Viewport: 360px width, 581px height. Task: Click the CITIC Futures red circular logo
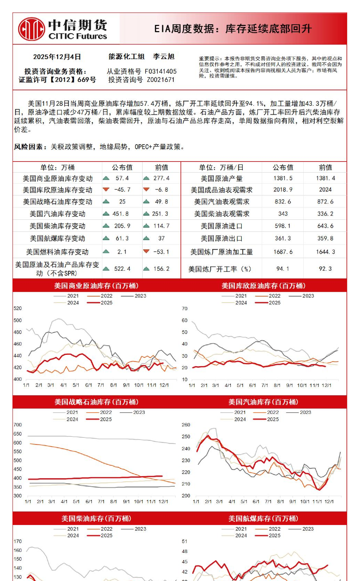point(31,29)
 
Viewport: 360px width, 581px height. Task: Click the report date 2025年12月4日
point(57,57)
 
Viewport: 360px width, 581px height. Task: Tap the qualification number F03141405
point(160,71)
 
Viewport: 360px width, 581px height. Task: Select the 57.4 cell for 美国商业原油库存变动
point(122,178)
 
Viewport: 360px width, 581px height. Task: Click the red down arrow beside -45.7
point(106,190)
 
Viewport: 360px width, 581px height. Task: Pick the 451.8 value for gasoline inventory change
point(120,214)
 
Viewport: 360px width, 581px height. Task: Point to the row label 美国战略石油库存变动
point(57,202)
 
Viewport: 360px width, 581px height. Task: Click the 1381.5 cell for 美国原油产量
point(283,178)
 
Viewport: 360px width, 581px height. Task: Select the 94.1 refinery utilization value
point(283,269)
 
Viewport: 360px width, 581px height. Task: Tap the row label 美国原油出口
point(221,238)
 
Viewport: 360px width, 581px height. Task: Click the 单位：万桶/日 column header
point(221,167)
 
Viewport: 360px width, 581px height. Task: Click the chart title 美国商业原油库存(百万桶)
point(96,286)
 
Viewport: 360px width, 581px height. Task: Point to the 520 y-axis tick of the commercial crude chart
point(18,308)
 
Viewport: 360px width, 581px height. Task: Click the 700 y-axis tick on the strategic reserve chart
point(18,425)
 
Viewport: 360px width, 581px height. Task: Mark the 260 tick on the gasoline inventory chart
point(186,425)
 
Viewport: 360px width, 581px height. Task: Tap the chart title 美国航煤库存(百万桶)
point(263,518)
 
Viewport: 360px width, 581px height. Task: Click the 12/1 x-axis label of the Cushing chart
point(326,385)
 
